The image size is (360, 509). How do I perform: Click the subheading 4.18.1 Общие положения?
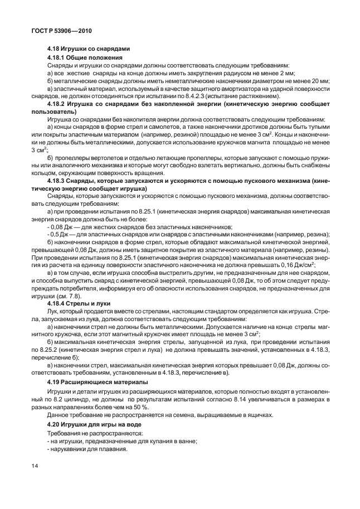pyautogui.click(x=85, y=57)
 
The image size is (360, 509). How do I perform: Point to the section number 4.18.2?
pyautogui.click(x=59, y=104)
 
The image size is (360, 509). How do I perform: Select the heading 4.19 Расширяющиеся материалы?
pyautogui.click(x=97, y=382)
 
